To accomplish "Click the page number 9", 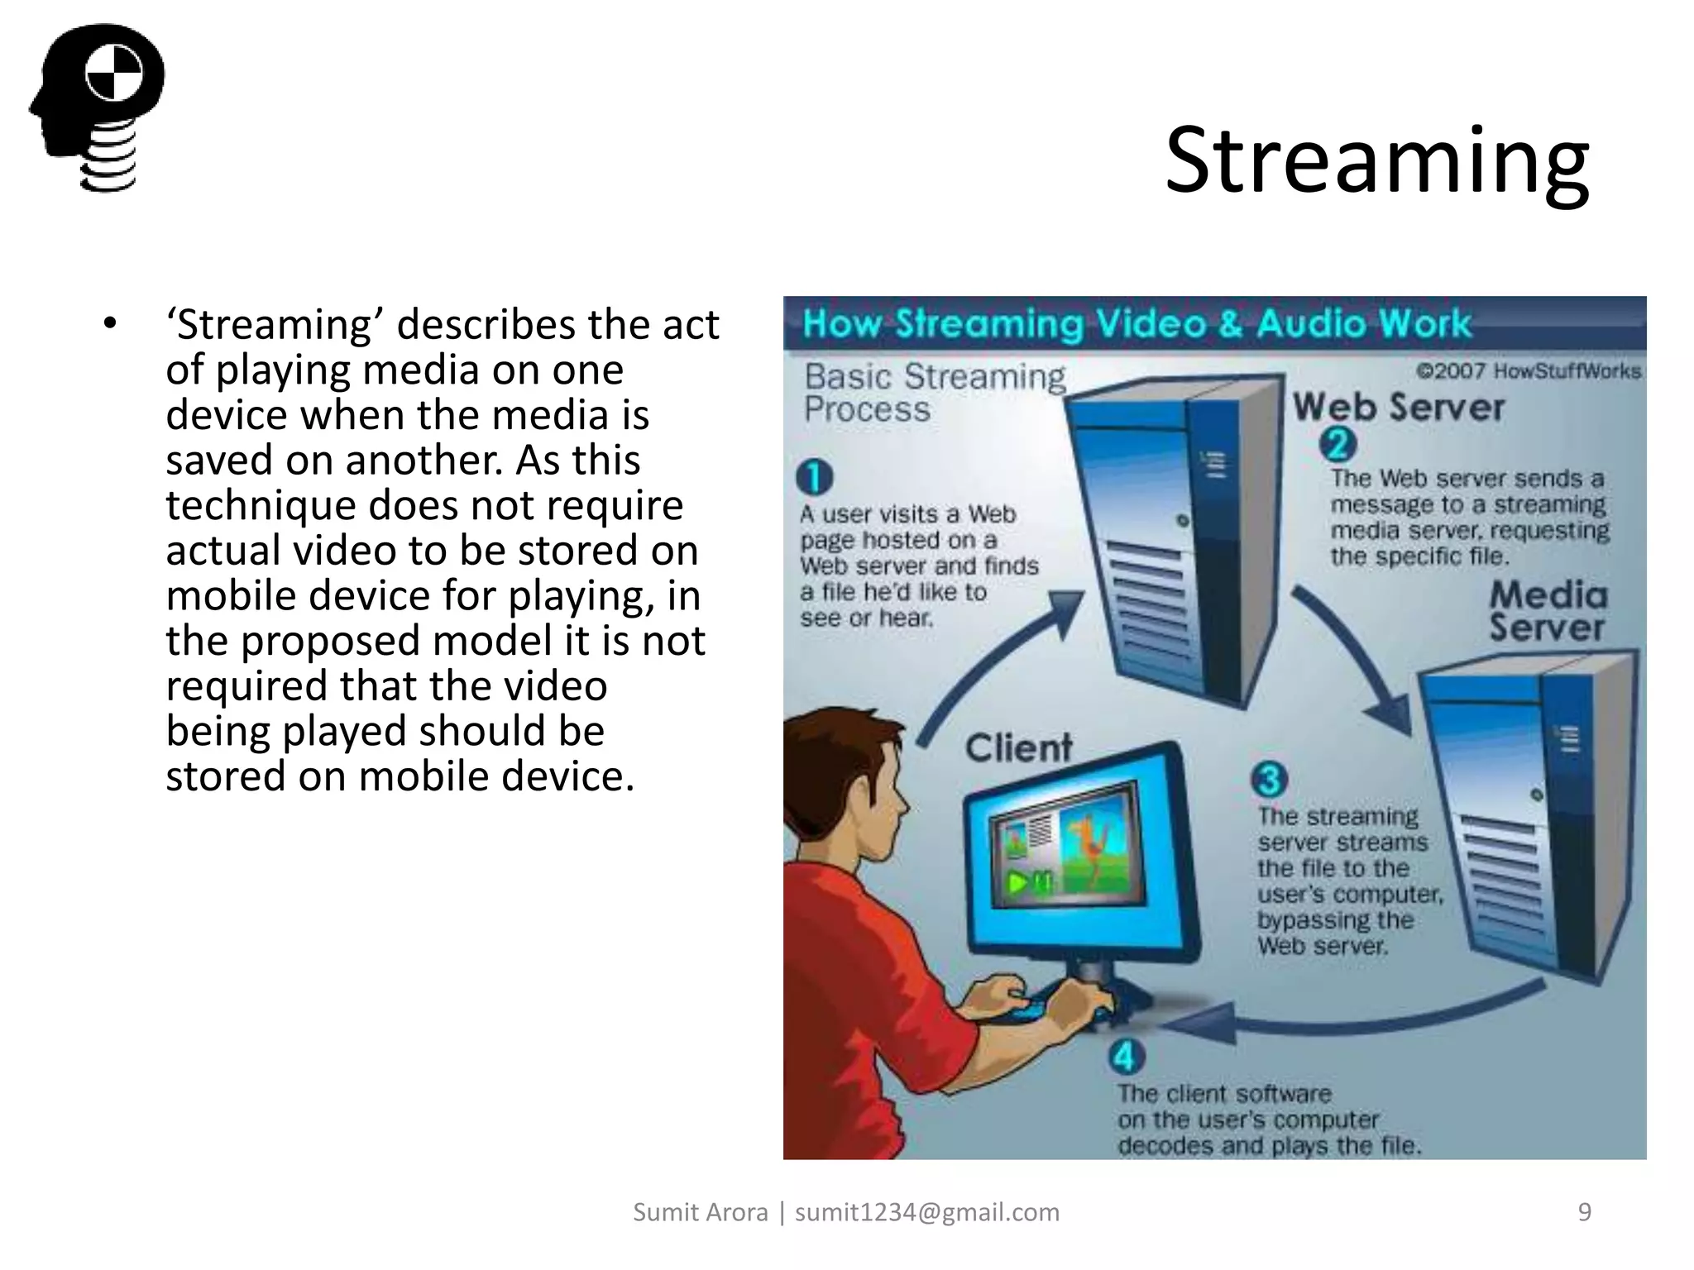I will [x=1584, y=1212].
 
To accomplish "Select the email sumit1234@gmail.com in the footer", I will [x=926, y=1212].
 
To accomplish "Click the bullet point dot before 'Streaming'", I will [x=110, y=324].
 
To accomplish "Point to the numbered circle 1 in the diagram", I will [x=814, y=477].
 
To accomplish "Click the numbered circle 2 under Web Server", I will [x=1337, y=445].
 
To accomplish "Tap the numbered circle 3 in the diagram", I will [x=1269, y=779].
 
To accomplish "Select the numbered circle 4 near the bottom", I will [x=1127, y=1057].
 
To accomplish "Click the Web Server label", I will [x=1398, y=407].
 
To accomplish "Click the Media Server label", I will [x=1548, y=611].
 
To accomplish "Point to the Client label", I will [x=1018, y=747].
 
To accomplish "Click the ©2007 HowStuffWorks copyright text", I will [x=1528, y=371].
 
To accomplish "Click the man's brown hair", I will [x=835, y=744].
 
